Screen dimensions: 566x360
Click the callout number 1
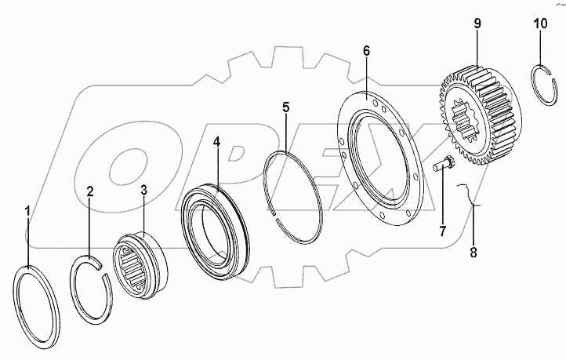pos(27,211)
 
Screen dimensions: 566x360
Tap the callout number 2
pos(90,191)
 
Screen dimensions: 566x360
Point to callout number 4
pos(216,144)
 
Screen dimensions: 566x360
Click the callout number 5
pos(286,107)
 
